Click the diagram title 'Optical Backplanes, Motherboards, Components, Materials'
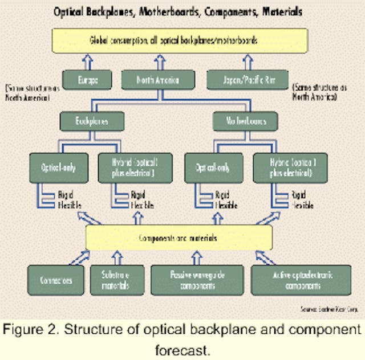(183, 11)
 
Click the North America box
(158, 80)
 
